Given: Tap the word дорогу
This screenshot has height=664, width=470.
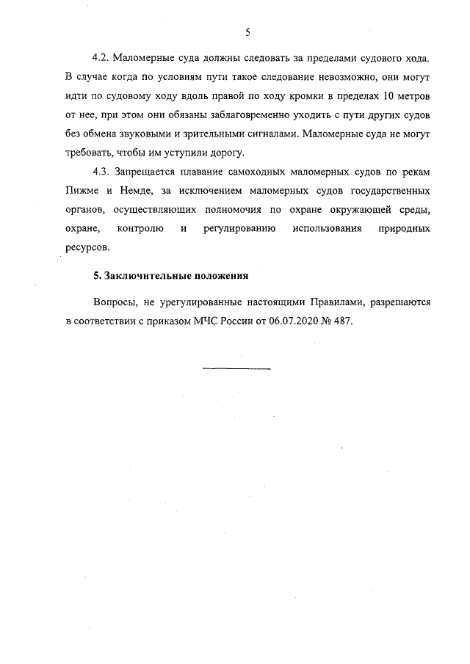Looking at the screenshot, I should [x=231, y=153].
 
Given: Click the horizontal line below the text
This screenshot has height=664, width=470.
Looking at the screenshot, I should [x=236, y=368].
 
